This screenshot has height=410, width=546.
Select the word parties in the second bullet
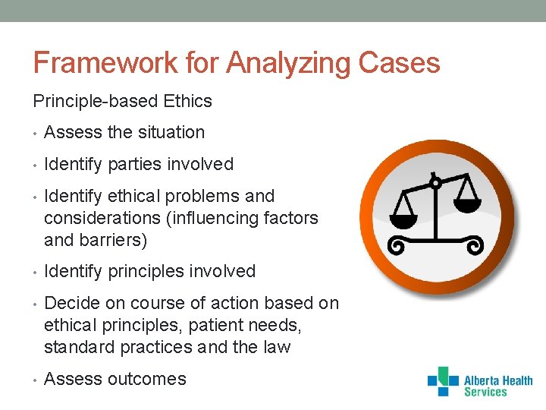click(x=136, y=164)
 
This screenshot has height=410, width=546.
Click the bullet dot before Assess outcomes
click(x=36, y=380)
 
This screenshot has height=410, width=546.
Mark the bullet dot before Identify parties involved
click(x=36, y=165)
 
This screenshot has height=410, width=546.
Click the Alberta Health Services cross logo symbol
click(x=443, y=381)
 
